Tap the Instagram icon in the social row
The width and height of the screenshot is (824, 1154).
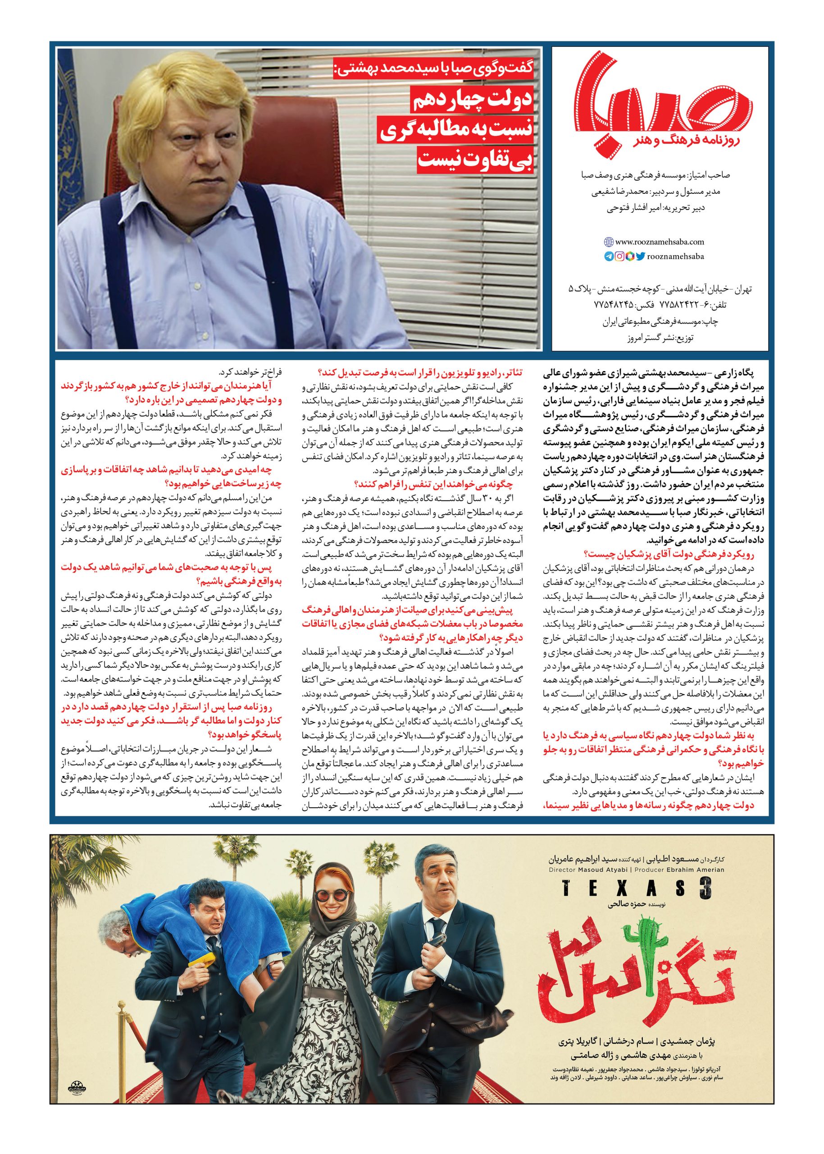[619, 257]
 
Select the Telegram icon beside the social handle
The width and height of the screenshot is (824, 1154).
[609, 257]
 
